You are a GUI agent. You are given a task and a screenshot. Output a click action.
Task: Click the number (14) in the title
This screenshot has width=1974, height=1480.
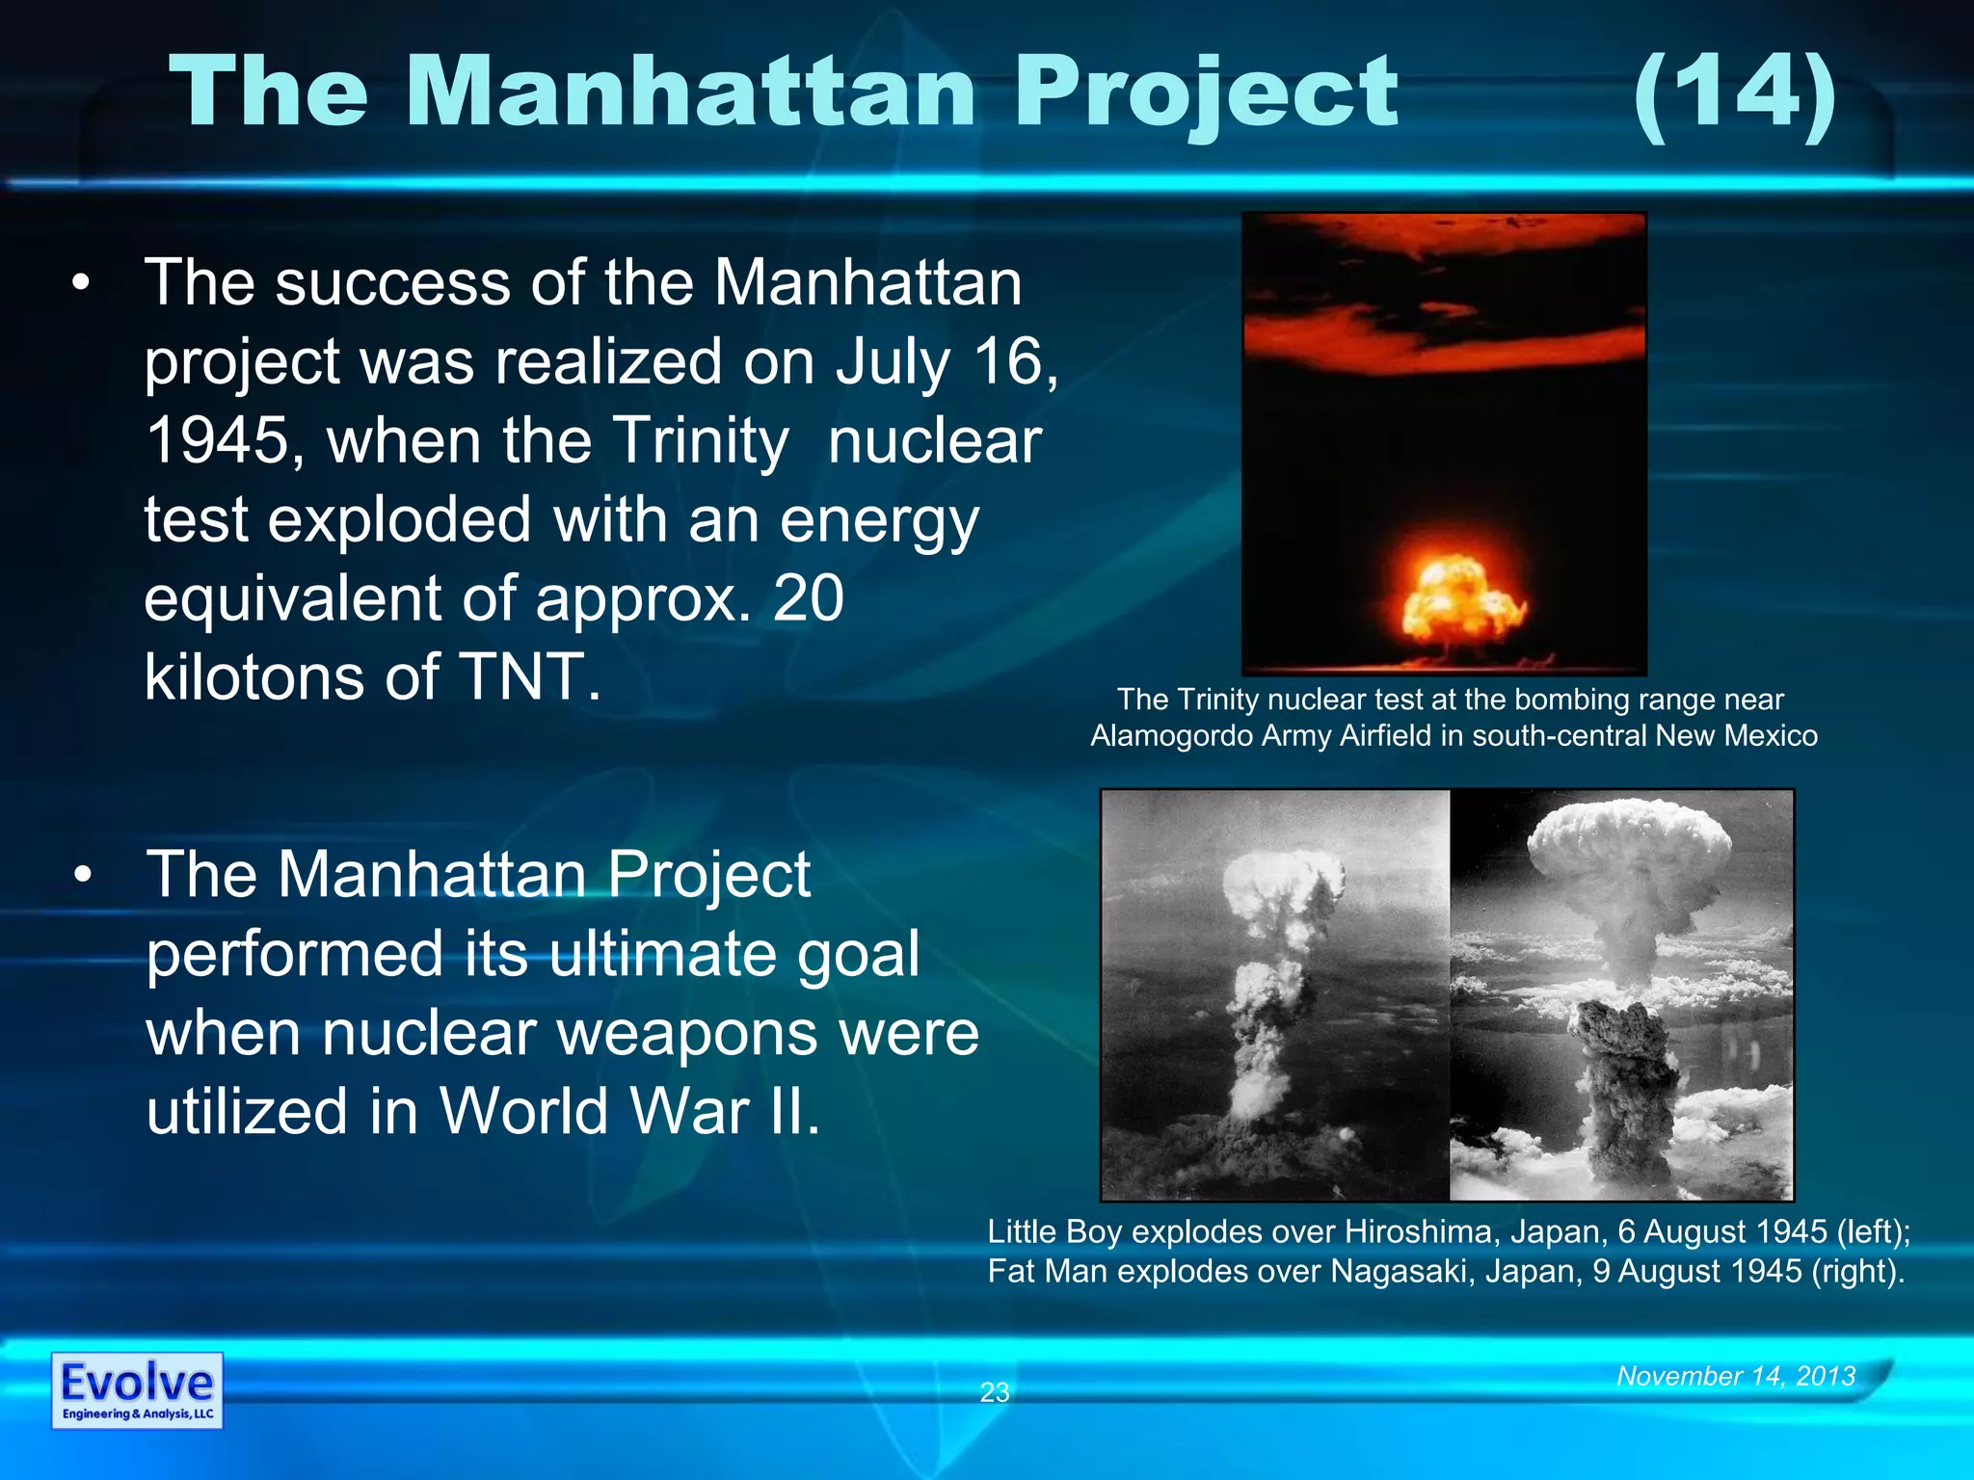1735,93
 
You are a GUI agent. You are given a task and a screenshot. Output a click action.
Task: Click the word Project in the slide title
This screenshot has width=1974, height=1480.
1205,93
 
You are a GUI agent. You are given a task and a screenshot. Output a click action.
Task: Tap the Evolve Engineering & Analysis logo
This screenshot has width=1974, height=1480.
137,1390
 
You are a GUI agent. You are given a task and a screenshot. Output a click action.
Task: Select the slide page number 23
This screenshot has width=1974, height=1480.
994,1391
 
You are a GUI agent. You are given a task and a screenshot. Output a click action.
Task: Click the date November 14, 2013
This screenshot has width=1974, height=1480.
1736,1375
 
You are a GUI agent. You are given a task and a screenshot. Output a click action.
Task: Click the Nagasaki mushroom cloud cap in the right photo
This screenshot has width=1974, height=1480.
1630,838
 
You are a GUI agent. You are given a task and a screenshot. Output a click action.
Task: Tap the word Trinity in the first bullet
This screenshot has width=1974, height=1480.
701,440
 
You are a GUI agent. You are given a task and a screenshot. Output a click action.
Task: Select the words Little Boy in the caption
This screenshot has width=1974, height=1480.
1054,1231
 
